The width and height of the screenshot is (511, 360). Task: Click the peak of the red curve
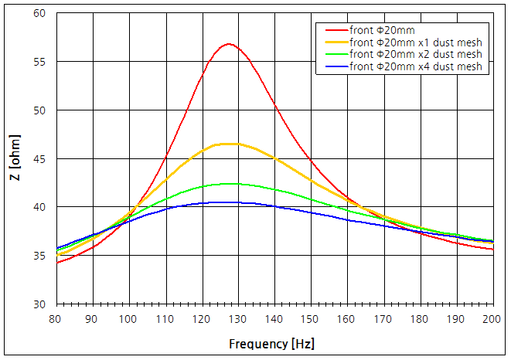coord(228,44)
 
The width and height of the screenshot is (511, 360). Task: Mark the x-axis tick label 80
coord(56,318)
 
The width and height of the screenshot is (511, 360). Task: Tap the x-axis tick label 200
coord(492,318)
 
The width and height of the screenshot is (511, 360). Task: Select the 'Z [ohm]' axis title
coord(14,158)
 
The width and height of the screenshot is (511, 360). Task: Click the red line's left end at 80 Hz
coord(56,263)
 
